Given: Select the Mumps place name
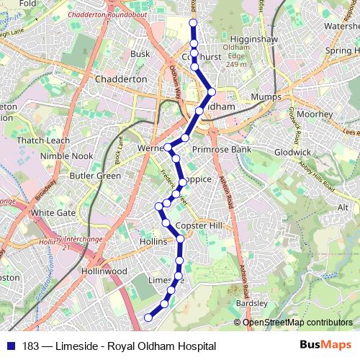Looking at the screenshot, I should coord(266,96).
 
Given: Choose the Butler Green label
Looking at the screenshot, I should coord(95,176).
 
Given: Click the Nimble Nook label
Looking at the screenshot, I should coord(67,156).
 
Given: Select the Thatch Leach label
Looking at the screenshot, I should coord(43,140).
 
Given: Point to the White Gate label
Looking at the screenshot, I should coord(53,213).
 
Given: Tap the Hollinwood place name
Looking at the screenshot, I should coord(104,271).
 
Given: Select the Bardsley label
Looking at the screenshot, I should coord(251,304).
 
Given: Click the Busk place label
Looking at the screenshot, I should coord(140,53).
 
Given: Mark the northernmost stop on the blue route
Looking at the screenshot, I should coord(193,23).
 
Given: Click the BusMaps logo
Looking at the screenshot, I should coord(325,345).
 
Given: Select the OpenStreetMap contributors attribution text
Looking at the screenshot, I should coord(297,323).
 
